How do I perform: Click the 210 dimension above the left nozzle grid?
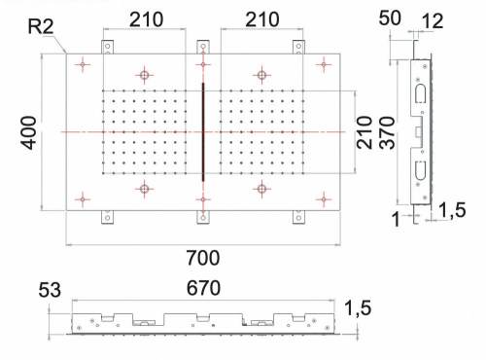tap(144, 19)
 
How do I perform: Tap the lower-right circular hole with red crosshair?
tap(260, 188)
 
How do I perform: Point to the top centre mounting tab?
tap(202, 46)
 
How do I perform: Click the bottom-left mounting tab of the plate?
tap(108, 216)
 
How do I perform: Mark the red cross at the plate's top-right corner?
tap(323, 65)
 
